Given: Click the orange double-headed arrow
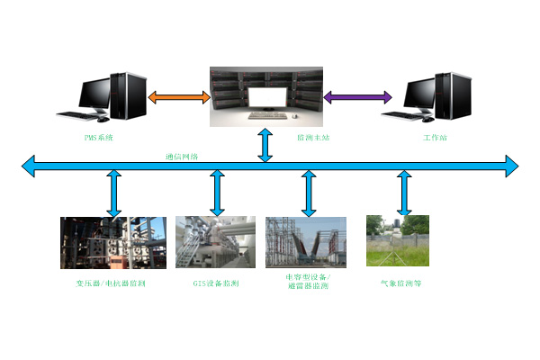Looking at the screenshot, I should pyautogui.click(x=177, y=95).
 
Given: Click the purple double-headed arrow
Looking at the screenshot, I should pyautogui.click(x=357, y=95).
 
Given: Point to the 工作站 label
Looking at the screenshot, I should pyautogui.click(x=435, y=137).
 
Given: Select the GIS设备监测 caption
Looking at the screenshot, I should pyautogui.click(x=216, y=283).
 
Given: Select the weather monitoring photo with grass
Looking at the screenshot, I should pyautogui.click(x=397, y=240).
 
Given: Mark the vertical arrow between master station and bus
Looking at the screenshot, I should pyautogui.click(x=265, y=145).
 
